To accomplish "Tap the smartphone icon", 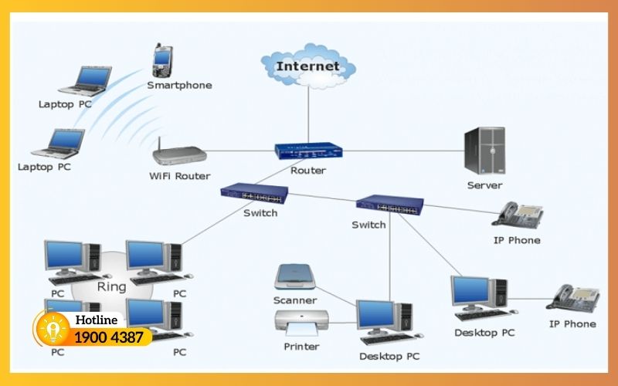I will (x=161, y=60).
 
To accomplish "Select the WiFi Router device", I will (x=179, y=154).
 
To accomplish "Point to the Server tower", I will (x=484, y=151).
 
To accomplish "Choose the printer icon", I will (x=301, y=323).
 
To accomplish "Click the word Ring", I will (x=111, y=286).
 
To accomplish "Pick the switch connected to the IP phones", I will (x=390, y=204).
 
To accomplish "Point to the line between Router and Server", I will (x=402, y=151).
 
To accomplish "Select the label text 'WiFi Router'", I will (x=179, y=176).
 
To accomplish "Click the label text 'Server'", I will (x=484, y=185).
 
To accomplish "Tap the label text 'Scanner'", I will (x=294, y=300).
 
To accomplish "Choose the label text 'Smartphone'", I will (x=179, y=85).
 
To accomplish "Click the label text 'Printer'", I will (x=301, y=347).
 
